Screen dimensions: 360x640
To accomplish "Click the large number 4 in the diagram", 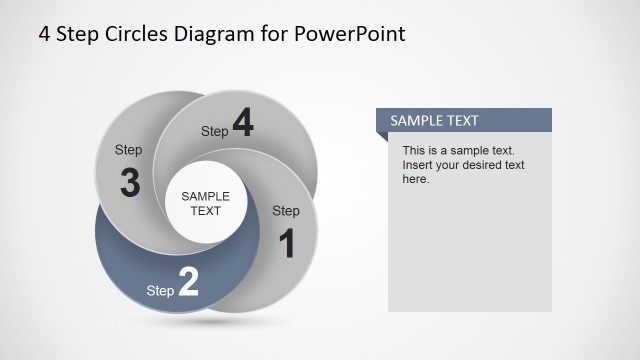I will click(x=243, y=125).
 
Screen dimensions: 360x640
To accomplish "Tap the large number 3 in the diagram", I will click(x=129, y=183).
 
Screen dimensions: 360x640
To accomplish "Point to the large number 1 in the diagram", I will click(x=286, y=243).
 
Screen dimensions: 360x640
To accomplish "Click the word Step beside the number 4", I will click(x=215, y=131).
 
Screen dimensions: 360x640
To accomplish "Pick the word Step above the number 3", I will click(x=128, y=150).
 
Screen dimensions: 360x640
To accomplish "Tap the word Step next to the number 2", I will click(x=160, y=291).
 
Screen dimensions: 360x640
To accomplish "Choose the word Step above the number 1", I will click(x=286, y=211).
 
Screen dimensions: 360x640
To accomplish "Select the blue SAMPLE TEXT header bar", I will click(x=463, y=121).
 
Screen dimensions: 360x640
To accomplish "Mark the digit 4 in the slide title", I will click(x=44, y=34).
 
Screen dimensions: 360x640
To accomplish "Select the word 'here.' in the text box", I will click(x=416, y=179).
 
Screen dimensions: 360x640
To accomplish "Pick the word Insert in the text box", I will click(x=419, y=165).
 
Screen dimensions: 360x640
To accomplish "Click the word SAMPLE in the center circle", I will click(x=205, y=196).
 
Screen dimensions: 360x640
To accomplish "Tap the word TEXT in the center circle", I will click(x=205, y=211).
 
